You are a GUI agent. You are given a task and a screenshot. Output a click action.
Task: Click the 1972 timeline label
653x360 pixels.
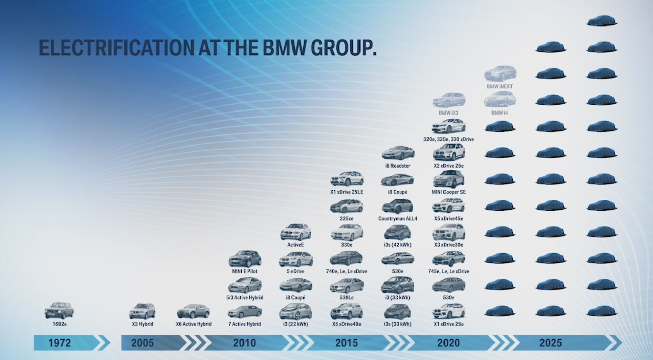(60, 343)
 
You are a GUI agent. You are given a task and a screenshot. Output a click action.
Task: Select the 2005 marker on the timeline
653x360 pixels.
(143, 343)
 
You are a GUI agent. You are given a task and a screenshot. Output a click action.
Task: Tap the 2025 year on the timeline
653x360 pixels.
(551, 343)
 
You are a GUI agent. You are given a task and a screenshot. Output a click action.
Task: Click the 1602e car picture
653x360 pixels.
(59, 310)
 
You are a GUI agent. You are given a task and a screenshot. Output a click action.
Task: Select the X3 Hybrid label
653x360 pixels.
(143, 324)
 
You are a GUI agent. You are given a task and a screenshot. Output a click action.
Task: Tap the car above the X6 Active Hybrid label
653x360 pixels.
(193, 311)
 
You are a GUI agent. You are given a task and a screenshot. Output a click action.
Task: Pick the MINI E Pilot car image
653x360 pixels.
(245, 259)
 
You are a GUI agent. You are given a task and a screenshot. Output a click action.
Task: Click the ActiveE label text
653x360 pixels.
(296, 245)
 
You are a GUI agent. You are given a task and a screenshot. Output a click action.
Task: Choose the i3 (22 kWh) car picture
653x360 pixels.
(296, 311)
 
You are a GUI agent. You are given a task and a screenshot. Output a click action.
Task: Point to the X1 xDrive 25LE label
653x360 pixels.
(347, 192)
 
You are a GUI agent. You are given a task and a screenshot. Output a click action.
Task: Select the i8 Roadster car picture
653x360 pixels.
(398, 153)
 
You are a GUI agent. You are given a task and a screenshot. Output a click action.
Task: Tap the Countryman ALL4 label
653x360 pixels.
(398, 219)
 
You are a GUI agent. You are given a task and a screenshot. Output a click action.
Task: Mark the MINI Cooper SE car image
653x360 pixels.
(449, 179)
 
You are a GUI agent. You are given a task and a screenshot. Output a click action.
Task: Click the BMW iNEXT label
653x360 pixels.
(500, 86)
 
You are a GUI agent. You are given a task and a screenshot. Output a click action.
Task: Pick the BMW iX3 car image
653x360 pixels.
(449, 100)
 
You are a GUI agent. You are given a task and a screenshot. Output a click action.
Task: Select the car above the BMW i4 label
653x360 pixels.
(500, 100)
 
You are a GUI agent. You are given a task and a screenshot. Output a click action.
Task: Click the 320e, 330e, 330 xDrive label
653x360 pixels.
(449, 139)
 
